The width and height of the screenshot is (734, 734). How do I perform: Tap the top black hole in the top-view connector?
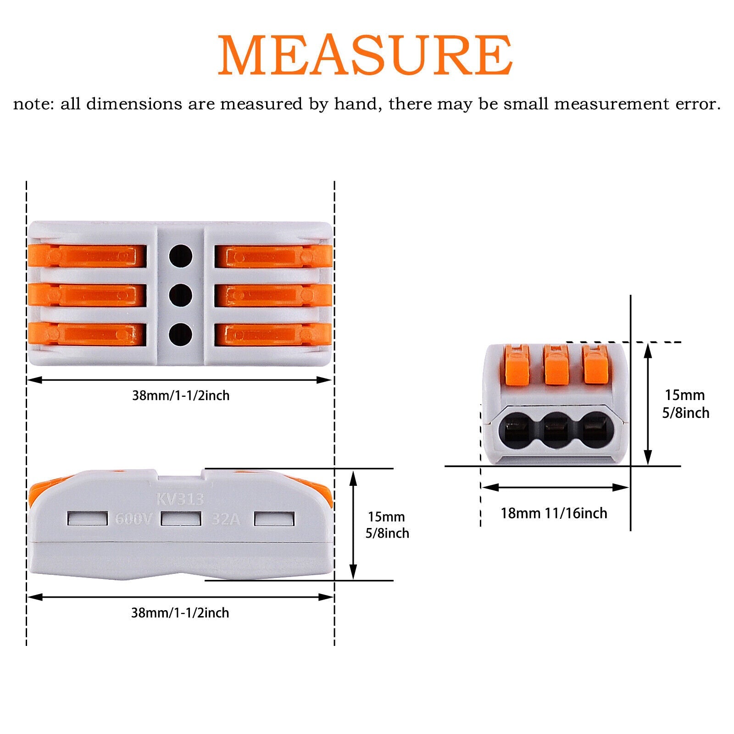(180, 256)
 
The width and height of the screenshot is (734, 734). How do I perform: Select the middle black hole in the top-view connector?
(180, 295)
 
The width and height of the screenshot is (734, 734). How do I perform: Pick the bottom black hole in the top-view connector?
(180, 334)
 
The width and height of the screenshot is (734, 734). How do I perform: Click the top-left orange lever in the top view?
(87, 256)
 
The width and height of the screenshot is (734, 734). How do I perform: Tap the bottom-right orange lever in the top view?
(273, 334)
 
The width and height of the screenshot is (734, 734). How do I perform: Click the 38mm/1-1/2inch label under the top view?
(181, 395)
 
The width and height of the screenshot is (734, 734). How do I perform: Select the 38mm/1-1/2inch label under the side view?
(180, 613)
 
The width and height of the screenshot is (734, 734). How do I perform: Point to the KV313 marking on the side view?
(180, 499)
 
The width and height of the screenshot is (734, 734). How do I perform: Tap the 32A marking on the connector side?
(225, 519)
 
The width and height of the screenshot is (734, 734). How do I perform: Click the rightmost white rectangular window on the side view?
(274, 519)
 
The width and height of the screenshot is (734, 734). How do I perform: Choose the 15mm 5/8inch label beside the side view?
(387, 525)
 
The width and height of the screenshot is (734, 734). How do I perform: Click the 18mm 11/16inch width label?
(554, 513)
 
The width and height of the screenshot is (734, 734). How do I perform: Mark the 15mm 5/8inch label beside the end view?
(685, 404)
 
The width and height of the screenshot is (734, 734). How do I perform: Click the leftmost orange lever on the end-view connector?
(517, 366)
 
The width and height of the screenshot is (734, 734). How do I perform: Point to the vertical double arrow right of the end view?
(648, 404)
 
